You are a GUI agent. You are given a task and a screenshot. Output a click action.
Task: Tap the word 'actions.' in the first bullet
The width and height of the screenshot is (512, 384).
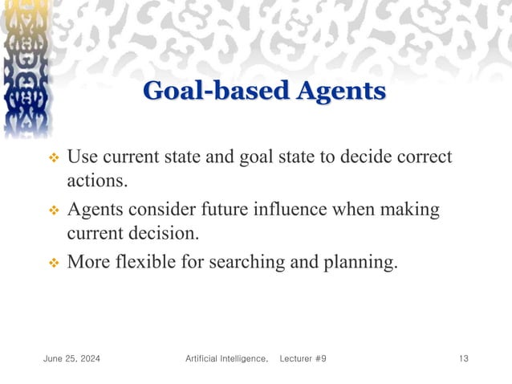click(x=97, y=182)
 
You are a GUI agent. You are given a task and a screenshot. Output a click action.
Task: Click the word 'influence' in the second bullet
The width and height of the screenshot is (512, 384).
click(x=308, y=210)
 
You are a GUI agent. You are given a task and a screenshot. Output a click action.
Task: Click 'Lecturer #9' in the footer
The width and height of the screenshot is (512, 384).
click(x=303, y=357)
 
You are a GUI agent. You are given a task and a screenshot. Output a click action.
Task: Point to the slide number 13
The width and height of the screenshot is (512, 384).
click(x=463, y=357)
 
